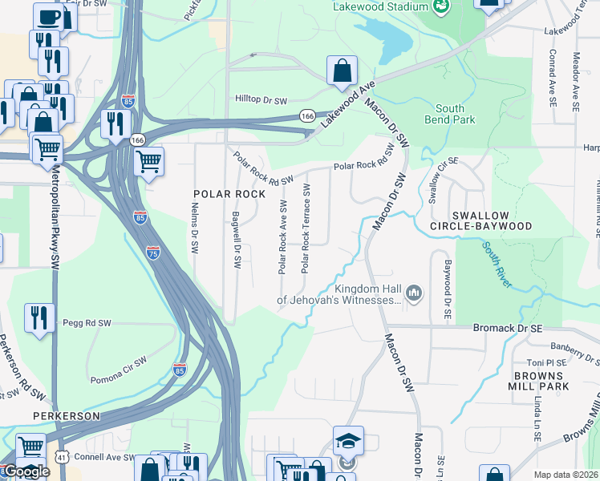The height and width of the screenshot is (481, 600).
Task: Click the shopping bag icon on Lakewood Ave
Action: (x=343, y=70)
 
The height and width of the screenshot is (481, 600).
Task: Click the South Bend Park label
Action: (x=456, y=114)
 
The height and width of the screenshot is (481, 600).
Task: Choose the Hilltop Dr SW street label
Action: (x=261, y=100)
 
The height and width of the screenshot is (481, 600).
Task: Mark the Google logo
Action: (x=26, y=471)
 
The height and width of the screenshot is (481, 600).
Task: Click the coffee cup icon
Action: (x=48, y=17)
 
